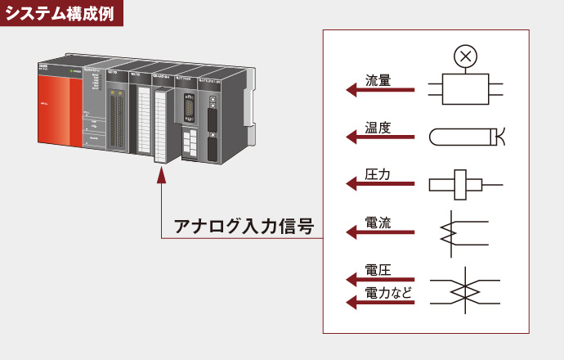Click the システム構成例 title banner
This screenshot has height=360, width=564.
pyautogui.click(x=62, y=12)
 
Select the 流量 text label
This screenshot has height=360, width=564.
pyautogui.click(x=377, y=81)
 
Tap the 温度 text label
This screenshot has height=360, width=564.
pyautogui.click(x=377, y=128)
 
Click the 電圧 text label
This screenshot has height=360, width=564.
pyautogui.click(x=377, y=271)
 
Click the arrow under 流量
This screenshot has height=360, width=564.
pyautogui.click(x=381, y=91)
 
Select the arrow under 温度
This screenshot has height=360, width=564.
pyautogui.click(x=381, y=138)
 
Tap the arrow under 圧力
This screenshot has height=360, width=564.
pyautogui.click(x=381, y=186)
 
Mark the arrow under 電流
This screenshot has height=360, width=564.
pyautogui.click(x=381, y=233)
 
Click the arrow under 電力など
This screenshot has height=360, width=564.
pyautogui.click(x=381, y=303)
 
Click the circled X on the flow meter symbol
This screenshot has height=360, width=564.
pyautogui.click(x=466, y=56)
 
